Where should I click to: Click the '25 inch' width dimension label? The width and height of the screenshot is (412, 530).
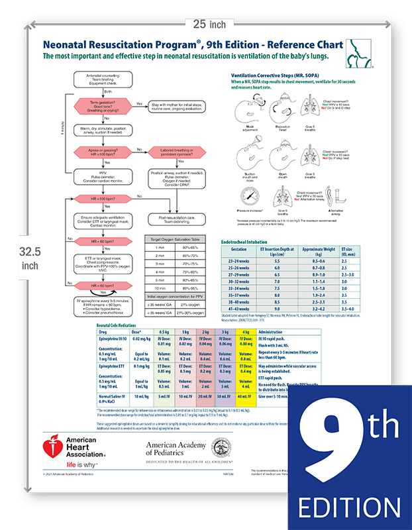click(x=207, y=24)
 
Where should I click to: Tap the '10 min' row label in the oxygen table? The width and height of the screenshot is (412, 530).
click(x=160, y=288)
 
